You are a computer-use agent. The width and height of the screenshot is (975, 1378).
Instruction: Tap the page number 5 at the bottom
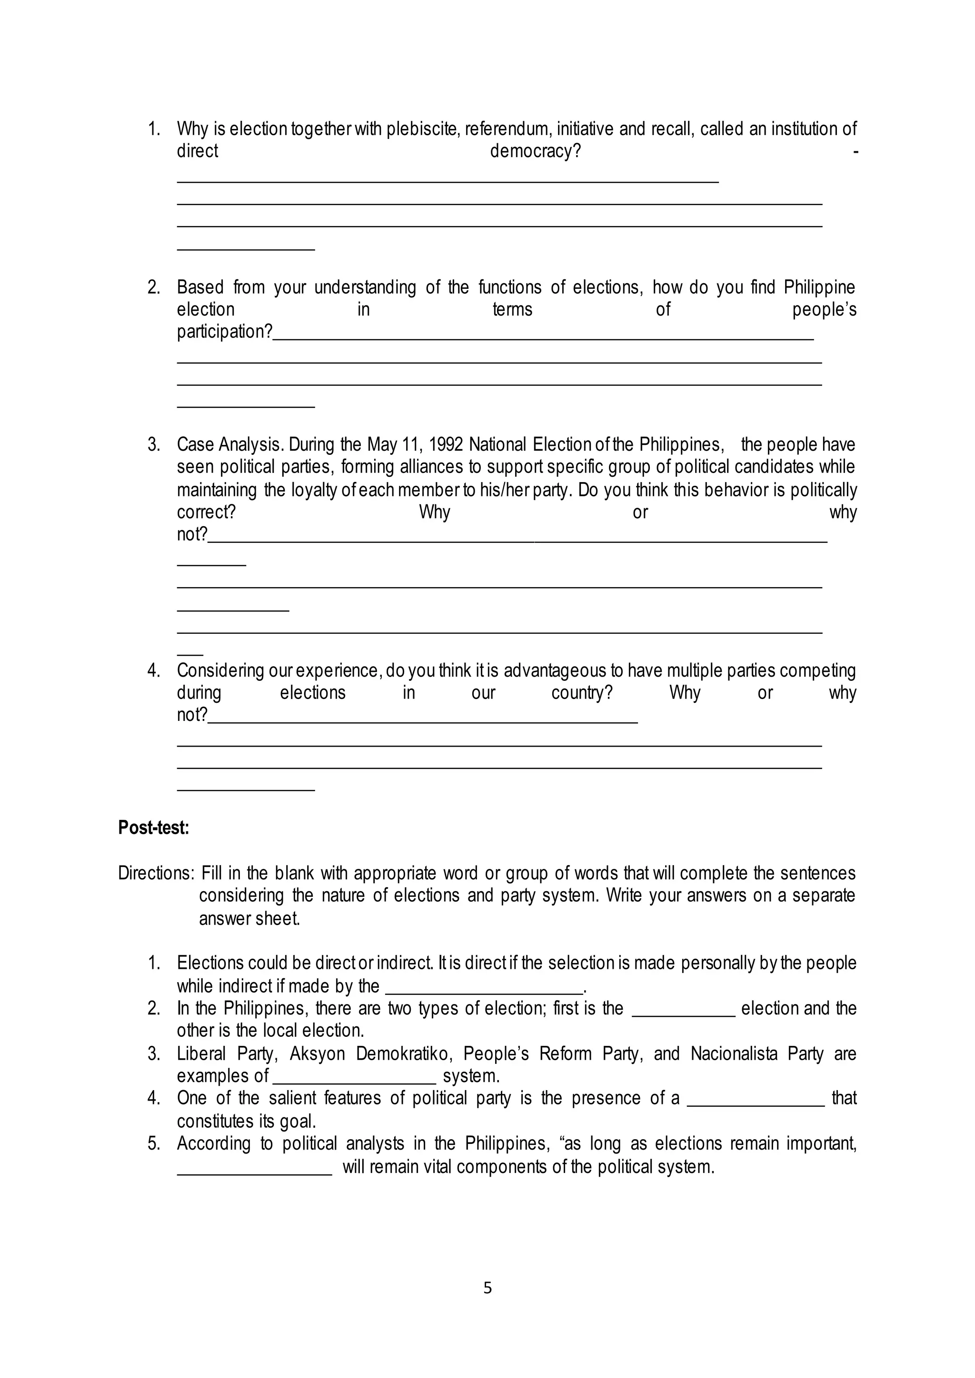(x=487, y=1288)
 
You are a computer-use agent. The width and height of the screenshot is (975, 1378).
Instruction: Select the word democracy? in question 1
(x=536, y=151)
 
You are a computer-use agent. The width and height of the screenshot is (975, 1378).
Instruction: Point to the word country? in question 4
(x=582, y=693)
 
